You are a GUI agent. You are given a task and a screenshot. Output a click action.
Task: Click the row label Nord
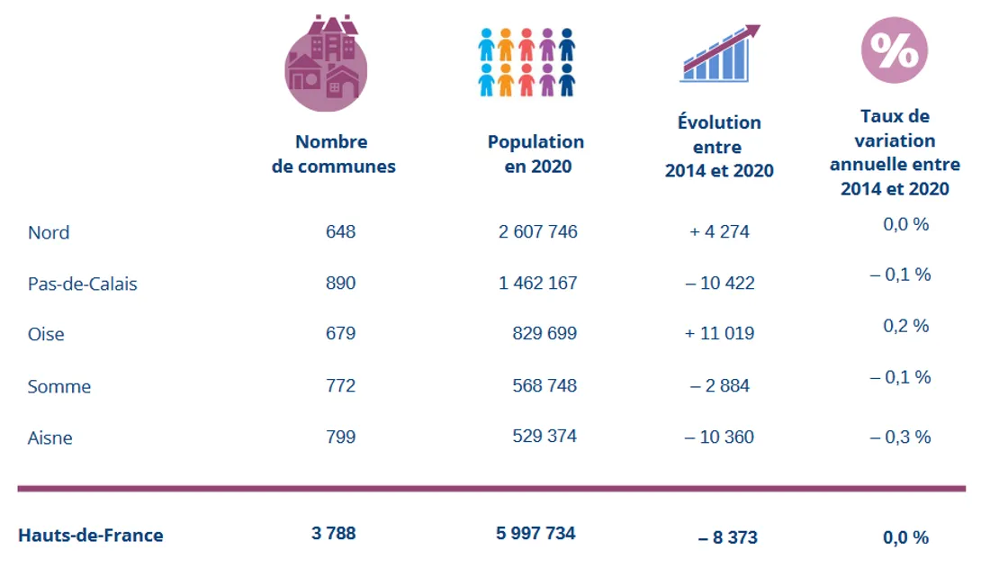pos(49,232)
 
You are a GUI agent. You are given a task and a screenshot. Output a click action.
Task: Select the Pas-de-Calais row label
pos(82,284)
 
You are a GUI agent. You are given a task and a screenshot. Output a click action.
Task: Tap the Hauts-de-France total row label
pos(90,536)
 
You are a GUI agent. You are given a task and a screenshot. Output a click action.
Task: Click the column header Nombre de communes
pos(333,154)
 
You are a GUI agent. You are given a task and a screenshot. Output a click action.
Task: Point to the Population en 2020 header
pos(535,154)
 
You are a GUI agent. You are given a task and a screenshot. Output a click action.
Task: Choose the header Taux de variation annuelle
pos(895,152)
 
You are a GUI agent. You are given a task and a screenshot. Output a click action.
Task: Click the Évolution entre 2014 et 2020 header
pos(719,146)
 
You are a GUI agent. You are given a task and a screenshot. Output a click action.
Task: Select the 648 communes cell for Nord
pos(340,231)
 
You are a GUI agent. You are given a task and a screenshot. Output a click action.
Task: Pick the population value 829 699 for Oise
pos(544,333)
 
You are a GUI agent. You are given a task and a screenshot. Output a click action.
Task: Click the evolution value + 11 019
pos(719,333)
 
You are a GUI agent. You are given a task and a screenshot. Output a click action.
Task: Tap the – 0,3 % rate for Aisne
pos(900,437)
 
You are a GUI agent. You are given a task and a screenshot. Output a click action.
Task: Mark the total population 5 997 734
pos(535,533)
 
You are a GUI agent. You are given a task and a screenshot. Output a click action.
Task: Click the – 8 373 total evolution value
pos(727,537)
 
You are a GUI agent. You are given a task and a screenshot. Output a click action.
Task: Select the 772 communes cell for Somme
pos(340,385)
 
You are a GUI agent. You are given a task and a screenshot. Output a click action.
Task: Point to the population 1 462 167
pos(537,283)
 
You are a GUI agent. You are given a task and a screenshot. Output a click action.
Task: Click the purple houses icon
pos(326,63)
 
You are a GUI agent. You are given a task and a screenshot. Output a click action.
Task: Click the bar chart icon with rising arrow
pos(719,54)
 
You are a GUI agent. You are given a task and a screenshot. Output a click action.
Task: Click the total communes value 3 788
pos(333,533)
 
